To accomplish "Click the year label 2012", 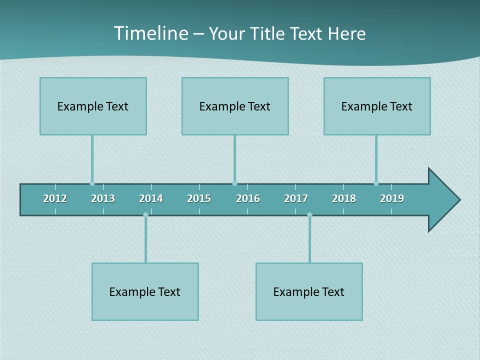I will tap(55, 198).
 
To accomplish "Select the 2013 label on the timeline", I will tap(103, 198).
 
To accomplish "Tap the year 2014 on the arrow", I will tap(151, 198).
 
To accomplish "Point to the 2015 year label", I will tap(199, 198).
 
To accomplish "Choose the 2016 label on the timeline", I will tap(248, 198).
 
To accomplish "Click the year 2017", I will tap(296, 198).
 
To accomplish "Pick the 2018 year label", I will tap(344, 198).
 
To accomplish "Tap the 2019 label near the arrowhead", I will tap(392, 198).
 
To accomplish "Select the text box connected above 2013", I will tap(93, 106).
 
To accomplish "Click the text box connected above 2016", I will tap(235, 106).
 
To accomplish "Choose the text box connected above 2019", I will tap(377, 106).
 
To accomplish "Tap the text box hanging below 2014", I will tap(145, 291).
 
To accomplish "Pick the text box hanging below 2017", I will tap(309, 291).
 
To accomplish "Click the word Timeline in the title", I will tap(150, 33).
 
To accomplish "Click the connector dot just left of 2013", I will tap(92, 183).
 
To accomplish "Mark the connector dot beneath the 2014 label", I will tap(145, 215).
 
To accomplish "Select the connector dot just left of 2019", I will tap(376, 183).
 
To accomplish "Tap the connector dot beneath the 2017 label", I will tap(309, 215).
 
